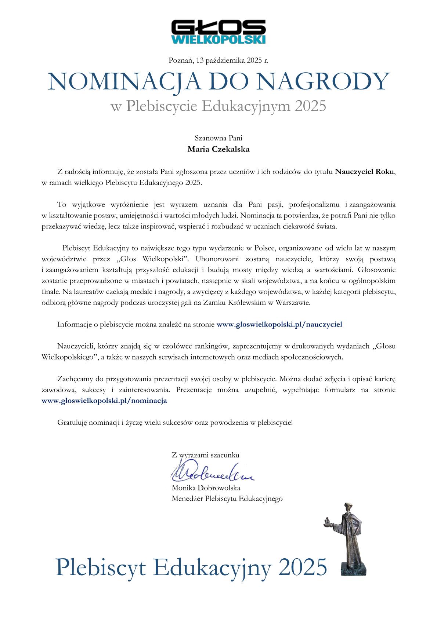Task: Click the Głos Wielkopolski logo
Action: coord(219,32)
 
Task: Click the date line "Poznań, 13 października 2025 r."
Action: coord(219,60)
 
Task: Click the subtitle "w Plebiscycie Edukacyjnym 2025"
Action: coord(219,106)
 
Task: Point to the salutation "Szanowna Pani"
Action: coord(219,138)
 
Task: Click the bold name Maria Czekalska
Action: coord(219,149)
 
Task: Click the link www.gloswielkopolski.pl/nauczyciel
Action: coord(279,324)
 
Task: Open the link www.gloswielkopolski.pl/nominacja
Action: coord(104,401)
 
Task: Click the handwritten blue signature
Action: coord(211,473)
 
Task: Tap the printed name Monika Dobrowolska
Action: coord(206,488)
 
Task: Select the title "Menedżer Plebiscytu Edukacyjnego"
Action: coord(227,499)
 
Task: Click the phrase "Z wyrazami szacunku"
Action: coord(206,455)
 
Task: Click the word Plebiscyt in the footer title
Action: coord(101,567)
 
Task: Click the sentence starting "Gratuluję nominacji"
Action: coord(175,422)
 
